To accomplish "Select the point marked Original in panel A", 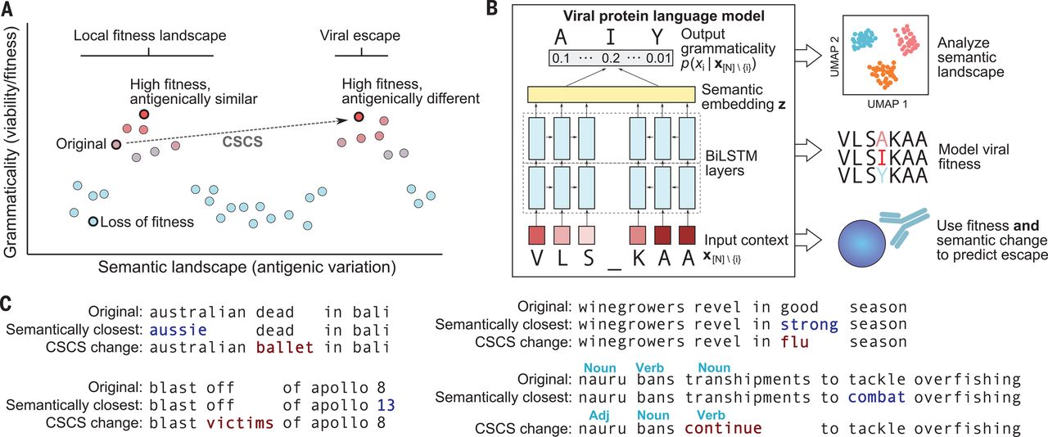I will tap(116, 144).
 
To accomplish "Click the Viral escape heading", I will tap(360, 36).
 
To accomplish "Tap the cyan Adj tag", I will tap(599, 415).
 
